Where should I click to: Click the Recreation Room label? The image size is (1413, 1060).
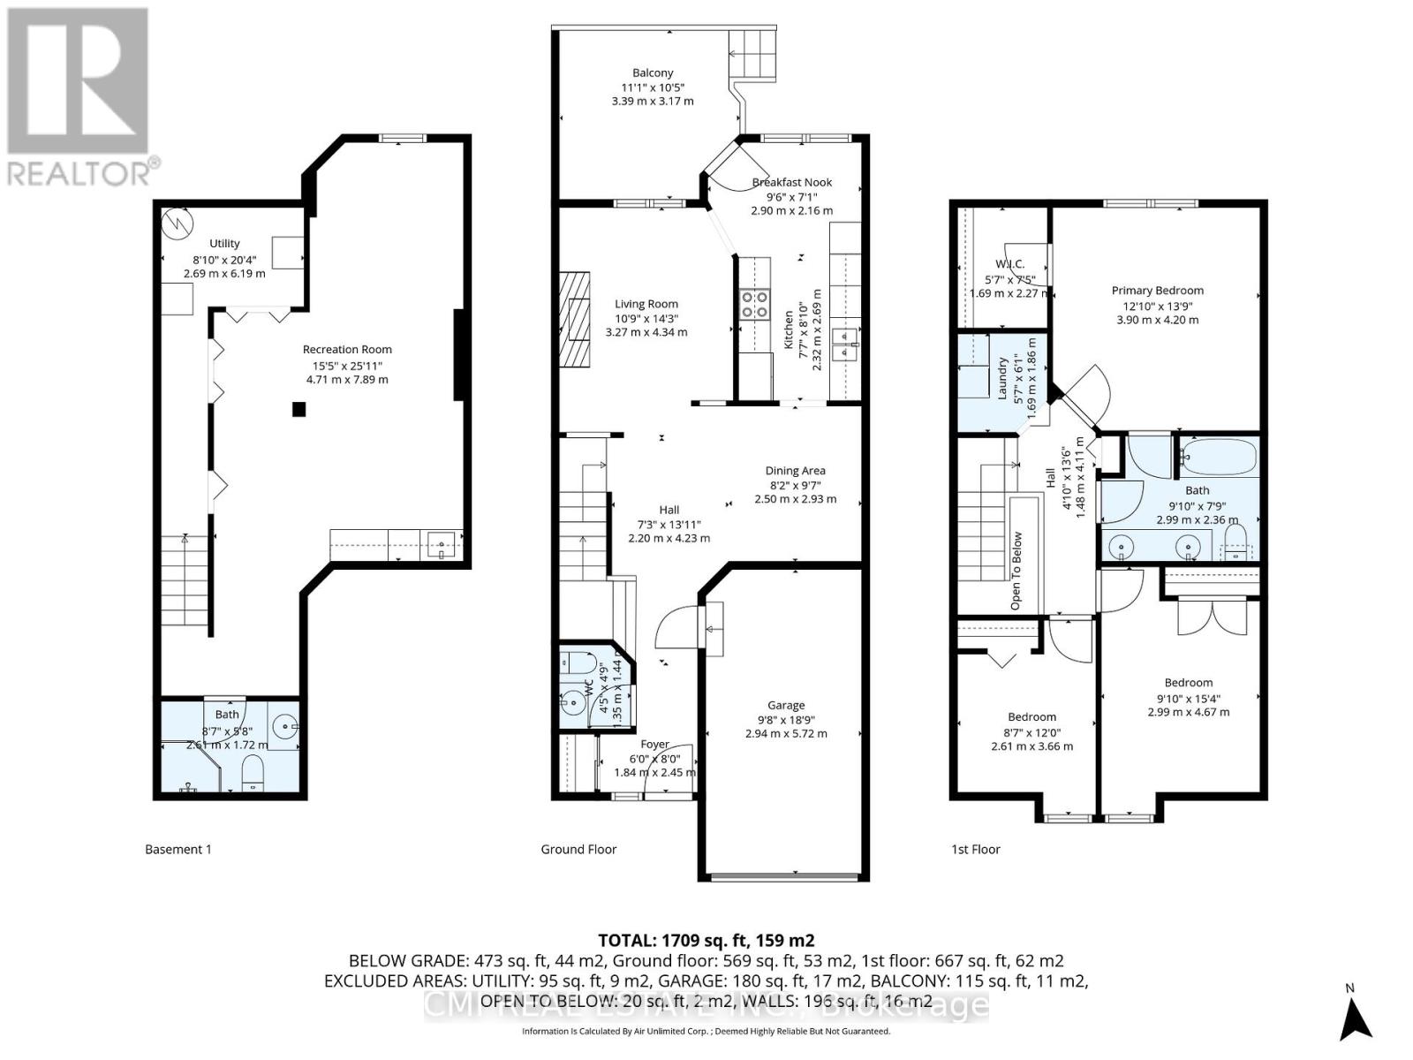coord(347,349)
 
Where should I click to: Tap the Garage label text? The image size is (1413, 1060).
coord(786,705)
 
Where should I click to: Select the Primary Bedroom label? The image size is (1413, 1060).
coord(1157,290)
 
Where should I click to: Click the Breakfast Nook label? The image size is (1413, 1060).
coord(791,182)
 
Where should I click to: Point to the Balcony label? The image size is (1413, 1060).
coord(653,72)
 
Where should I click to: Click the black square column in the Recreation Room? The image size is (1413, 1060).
coord(299,409)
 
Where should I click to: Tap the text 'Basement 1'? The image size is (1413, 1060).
coord(178,849)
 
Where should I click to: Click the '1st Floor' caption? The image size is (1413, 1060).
coord(975,849)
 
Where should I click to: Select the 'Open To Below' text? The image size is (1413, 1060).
coord(1016,570)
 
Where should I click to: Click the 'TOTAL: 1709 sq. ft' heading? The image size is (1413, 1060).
coord(706,940)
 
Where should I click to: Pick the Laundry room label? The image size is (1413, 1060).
coord(1003,377)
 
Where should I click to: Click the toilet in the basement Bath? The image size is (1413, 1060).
coord(253,771)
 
